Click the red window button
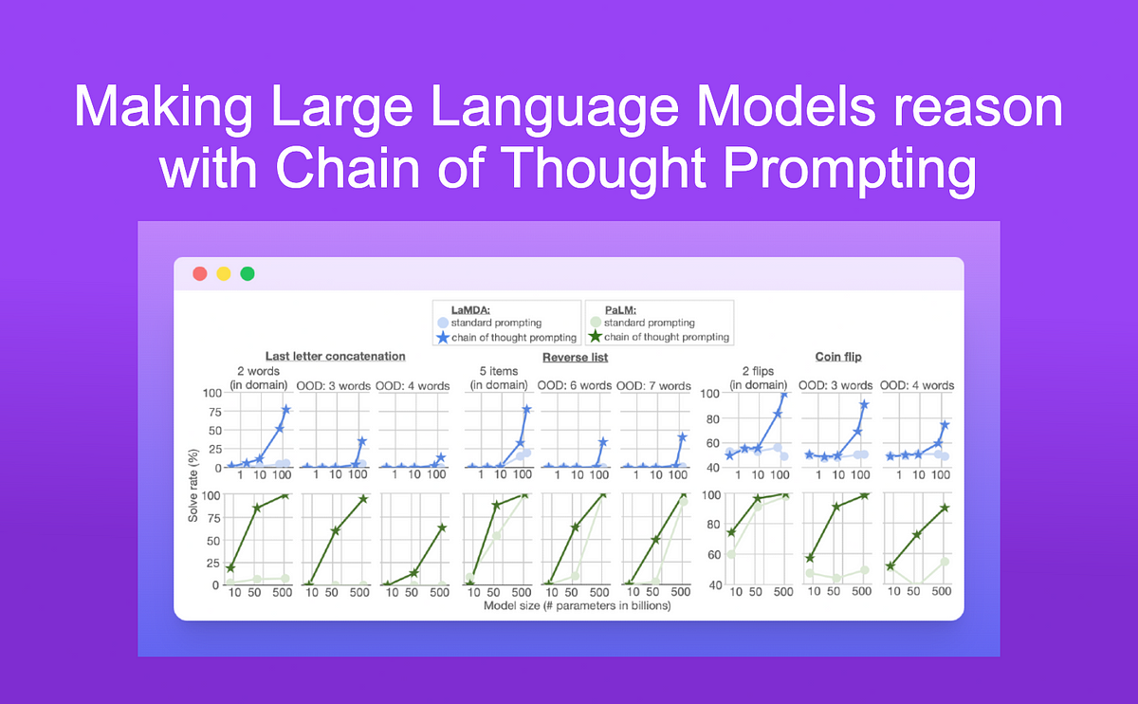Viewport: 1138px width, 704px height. (200, 274)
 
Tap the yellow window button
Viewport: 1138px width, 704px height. (224, 274)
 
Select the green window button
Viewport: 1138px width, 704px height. (248, 274)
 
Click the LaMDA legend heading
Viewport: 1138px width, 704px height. (470, 309)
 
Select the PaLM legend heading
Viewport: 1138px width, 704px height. (620, 309)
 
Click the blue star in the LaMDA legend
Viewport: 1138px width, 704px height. (443, 337)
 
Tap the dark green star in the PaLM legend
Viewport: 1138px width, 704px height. (596, 337)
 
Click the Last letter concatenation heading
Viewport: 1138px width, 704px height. (336, 357)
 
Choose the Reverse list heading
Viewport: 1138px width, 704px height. (575, 358)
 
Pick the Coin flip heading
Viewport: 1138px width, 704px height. (838, 357)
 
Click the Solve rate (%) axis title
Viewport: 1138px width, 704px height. (193, 486)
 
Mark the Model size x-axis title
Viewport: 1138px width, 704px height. (578, 606)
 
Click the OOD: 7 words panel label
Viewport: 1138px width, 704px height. (653, 386)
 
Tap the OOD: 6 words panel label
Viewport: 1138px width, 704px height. (575, 386)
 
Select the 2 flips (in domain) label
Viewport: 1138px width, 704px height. (758, 378)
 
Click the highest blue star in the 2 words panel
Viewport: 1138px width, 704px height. (286, 409)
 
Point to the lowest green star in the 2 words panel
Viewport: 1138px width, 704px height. (230, 567)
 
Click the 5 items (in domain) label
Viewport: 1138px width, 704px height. (499, 378)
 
